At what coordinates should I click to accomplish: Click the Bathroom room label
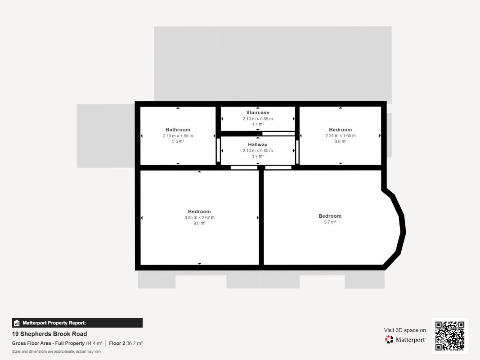coord(178,130)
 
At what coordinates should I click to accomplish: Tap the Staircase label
coord(258,112)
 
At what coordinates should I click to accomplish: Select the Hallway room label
coord(258,144)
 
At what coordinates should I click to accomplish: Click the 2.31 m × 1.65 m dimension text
coord(341,135)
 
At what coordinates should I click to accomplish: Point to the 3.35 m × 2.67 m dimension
coord(199,218)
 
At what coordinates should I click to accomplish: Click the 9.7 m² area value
coord(330,222)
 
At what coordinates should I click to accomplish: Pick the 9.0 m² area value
coord(199,223)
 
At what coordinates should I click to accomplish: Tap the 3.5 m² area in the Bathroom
coord(178,141)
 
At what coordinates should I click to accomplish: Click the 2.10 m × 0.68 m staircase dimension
coord(258,119)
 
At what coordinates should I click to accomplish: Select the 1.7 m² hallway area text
coord(258,157)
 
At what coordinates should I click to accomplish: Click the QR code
coord(450,336)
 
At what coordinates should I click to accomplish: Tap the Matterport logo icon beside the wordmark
coord(389,339)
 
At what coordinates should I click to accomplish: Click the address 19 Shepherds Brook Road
coord(49,334)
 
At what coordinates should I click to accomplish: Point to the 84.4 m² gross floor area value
coord(94,343)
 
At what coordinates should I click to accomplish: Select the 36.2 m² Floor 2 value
coord(135,343)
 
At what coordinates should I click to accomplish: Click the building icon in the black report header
coord(17,323)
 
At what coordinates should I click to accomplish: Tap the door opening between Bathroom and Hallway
coord(218,150)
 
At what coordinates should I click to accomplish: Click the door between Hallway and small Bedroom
coord(297,152)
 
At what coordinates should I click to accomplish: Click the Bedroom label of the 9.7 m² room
coord(330,216)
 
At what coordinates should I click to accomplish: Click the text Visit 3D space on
coord(405,330)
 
